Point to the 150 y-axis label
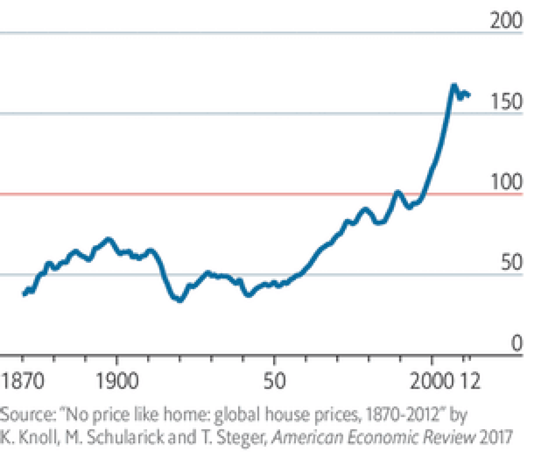[x=506, y=101]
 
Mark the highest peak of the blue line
[x=453, y=86]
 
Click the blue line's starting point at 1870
[x=24, y=293]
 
